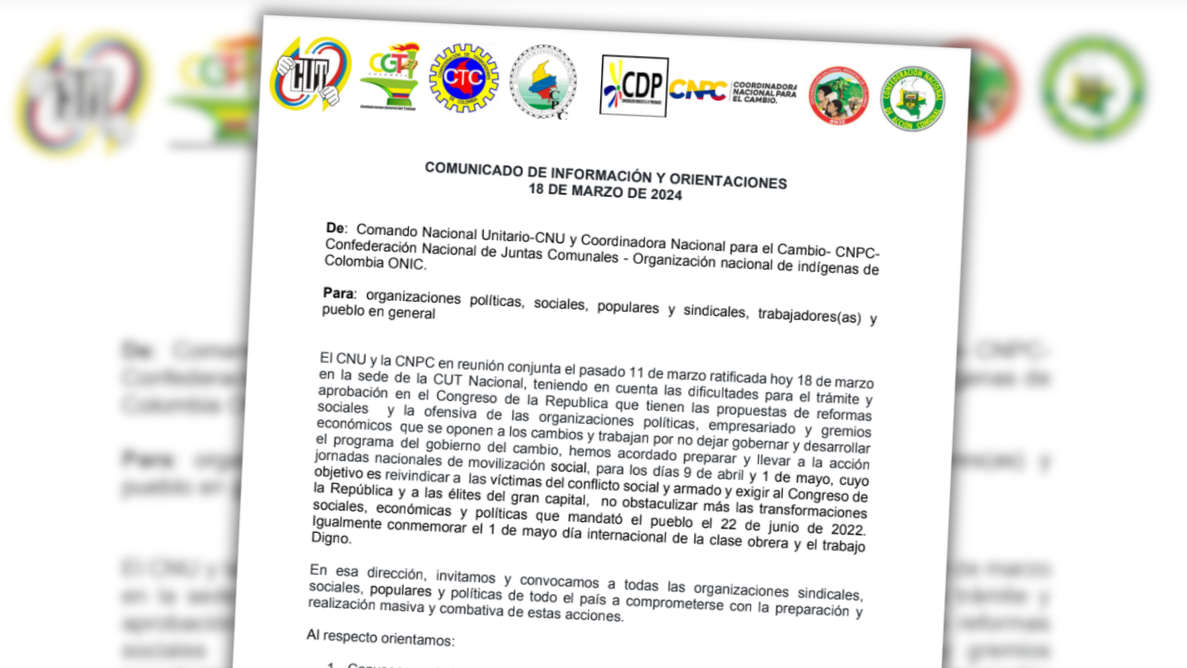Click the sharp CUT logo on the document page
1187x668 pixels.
(x=310, y=75)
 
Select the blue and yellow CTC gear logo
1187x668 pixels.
(x=464, y=78)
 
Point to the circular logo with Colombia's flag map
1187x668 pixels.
(x=543, y=82)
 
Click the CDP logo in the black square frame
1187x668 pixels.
(x=634, y=86)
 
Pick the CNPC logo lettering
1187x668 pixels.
(x=697, y=89)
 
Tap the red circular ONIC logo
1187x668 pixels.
(x=838, y=96)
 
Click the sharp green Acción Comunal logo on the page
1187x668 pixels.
(x=913, y=99)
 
